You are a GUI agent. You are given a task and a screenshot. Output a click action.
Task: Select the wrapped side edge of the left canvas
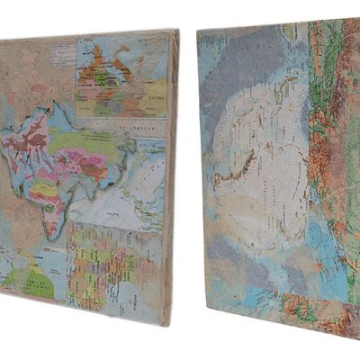tap(170, 180)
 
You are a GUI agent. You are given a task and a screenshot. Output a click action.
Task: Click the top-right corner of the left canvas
tap(177, 31)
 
